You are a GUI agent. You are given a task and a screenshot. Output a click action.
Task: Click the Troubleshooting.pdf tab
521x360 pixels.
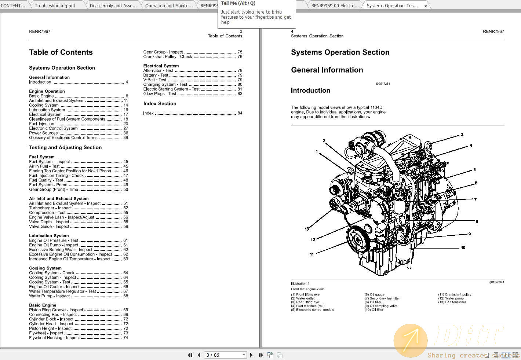coord(55,5)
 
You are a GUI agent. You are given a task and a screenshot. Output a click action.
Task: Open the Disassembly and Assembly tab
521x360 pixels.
coord(113,5)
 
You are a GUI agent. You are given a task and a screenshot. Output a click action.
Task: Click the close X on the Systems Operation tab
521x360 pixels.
coord(426,6)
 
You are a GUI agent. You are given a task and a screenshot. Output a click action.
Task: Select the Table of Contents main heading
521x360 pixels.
coord(61,52)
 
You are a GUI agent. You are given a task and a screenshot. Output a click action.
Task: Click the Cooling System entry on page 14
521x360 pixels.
coord(44,105)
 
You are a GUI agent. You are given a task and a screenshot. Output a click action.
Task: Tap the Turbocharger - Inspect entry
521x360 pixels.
coord(50,208)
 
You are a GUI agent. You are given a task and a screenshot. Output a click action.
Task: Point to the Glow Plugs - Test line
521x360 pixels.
coord(160,94)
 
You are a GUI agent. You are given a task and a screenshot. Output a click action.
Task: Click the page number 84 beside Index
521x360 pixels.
coord(240,113)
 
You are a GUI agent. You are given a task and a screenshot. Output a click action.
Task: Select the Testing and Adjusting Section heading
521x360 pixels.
coord(65,147)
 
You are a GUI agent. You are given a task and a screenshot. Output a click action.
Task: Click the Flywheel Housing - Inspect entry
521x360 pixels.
coord(54,338)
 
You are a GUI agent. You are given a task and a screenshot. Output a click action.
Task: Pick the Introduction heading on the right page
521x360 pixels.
coord(310,91)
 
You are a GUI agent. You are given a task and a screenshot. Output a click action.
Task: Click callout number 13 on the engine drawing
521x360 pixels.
coord(307,229)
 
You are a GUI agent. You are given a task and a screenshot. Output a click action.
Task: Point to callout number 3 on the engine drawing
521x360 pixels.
coord(462,135)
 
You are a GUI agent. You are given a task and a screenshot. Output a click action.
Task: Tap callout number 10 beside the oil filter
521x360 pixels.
coord(463,248)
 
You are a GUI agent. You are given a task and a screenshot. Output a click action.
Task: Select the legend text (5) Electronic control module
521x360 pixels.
coord(313,310)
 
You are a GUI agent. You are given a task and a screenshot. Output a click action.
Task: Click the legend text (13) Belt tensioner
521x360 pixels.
coord(452,302)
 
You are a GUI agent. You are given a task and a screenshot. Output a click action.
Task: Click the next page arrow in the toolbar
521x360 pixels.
coord(251,355)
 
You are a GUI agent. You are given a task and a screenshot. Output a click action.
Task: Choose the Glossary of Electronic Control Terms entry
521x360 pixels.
coord(63,138)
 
